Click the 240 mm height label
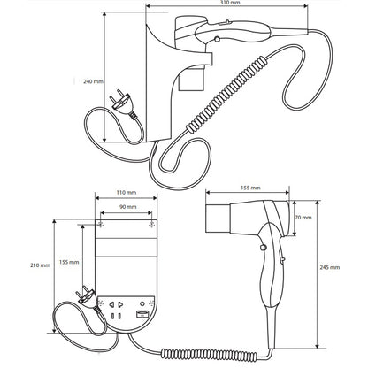93,81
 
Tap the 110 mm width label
126,193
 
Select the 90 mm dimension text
127,207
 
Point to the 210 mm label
40,265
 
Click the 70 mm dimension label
303,218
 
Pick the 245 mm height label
330,267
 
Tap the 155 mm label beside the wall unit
69,262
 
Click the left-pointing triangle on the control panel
111,304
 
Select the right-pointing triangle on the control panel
120,304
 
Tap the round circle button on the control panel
142,303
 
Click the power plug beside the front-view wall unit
88,297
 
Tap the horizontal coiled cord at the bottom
210,355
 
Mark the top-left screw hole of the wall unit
101,225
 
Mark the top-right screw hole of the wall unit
151,225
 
